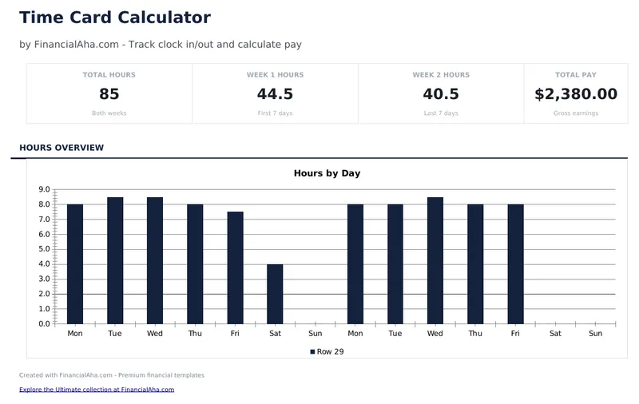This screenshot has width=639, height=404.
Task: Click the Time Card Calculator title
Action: pyautogui.click(x=115, y=18)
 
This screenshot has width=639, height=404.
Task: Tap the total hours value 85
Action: pyautogui.click(x=109, y=94)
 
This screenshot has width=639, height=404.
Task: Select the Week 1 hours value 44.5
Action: pyautogui.click(x=275, y=94)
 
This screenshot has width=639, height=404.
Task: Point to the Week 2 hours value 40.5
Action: pyautogui.click(x=441, y=94)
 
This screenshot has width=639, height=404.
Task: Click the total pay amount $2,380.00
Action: pyautogui.click(x=575, y=94)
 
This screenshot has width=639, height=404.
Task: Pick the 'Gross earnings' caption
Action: pyautogui.click(x=575, y=113)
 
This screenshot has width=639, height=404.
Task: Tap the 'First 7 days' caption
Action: pyautogui.click(x=275, y=113)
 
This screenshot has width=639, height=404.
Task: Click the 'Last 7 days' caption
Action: pyautogui.click(x=441, y=113)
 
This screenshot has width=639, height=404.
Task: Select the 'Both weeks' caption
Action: pyautogui.click(x=109, y=113)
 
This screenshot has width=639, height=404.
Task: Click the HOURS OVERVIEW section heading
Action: pyautogui.click(x=62, y=148)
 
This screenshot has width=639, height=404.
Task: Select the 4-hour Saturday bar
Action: pyautogui.click(x=275, y=294)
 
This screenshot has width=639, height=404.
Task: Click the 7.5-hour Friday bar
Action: pyautogui.click(x=235, y=267)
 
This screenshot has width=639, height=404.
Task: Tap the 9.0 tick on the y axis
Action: pyautogui.click(x=44, y=190)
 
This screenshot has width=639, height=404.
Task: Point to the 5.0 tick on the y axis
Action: pyautogui.click(x=44, y=249)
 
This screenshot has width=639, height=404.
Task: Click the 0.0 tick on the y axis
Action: pyautogui.click(x=44, y=323)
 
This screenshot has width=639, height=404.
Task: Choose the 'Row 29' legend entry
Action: pyautogui.click(x=327, y=351)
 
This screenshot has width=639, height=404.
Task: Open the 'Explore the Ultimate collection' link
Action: pyautogui.click(x=97, y=390)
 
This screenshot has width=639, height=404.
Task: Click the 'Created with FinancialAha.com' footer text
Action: pyautogui.click(x=112, y=375)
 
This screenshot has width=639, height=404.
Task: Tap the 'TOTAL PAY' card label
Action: pyautogui.click(x=575, y=75)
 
